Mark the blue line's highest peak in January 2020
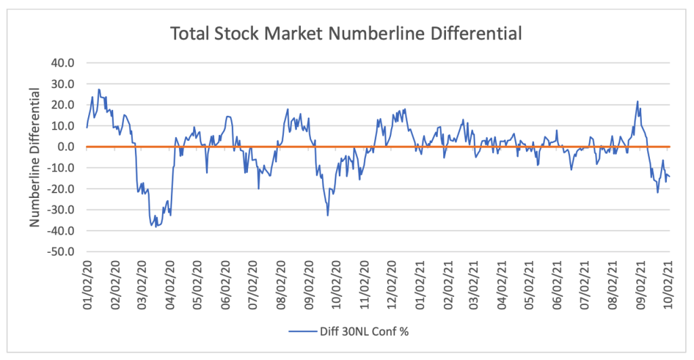tap(99, 89)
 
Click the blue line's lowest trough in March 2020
tap(156, 226)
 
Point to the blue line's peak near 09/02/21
tap(638, 102)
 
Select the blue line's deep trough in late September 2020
tap(328, 216)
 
